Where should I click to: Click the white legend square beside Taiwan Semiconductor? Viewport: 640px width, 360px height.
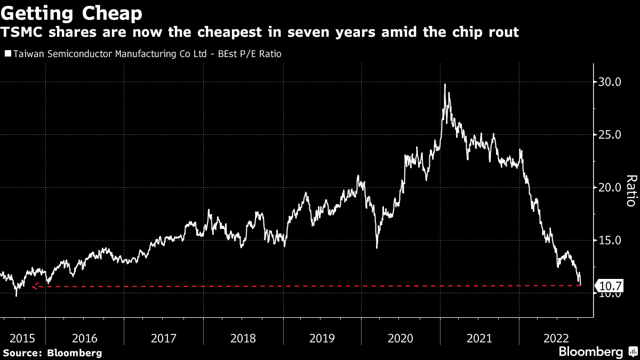tap(7, 54)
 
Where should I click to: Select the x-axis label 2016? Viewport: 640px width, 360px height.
tap(85, 338)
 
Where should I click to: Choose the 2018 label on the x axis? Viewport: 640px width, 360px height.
tap(244, 338)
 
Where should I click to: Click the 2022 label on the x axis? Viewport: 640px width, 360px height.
tap(558, 338)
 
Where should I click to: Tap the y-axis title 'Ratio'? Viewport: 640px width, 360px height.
tap(630, 190)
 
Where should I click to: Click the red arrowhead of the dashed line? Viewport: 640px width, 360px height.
tap(34, 286)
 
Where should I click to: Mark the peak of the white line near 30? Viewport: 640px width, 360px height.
tap(445, 84)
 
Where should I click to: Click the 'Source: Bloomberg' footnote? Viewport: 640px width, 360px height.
tap(52, 353)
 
